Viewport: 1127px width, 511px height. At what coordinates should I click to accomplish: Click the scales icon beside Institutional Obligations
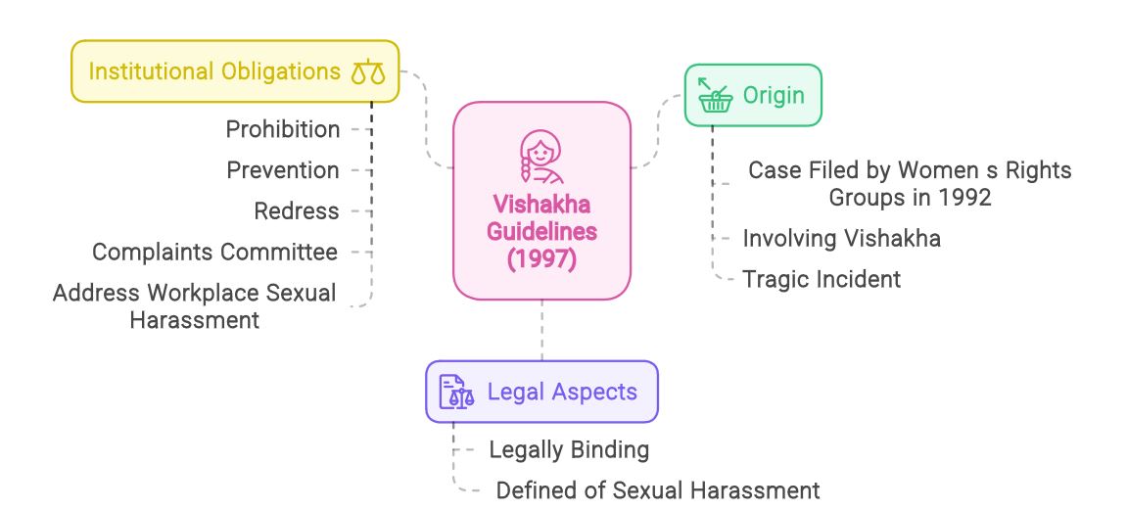[x=368, y=71]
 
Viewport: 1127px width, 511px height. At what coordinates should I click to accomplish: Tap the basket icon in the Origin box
[x=716, y=95]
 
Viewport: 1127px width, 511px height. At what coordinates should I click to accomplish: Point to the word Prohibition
[x=283, y=129]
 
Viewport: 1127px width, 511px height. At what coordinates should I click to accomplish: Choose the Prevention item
[x=283, y=169]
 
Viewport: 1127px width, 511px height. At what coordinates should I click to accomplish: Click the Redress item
[x=297, y=210]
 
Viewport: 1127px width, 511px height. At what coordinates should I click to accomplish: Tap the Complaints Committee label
[x=214, y=252]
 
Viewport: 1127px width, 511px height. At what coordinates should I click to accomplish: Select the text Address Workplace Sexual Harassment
[x=194, y=305]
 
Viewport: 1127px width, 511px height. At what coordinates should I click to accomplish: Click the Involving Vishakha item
[x=841, y=238]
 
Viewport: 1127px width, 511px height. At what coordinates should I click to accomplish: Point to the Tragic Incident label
[x=821, y=278]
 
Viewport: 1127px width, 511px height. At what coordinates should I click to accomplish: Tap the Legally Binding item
[x=569, y=449]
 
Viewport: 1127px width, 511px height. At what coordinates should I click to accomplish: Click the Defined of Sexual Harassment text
[x=657, y=489]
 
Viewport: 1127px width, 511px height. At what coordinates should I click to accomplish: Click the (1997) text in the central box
[x=541, y=260]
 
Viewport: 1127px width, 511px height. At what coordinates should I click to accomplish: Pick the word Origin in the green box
[x=773, y=95]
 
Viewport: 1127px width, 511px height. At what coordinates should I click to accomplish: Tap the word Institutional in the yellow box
[x=151, y=71]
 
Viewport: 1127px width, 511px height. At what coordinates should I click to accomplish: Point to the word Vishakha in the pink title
[x=541, y=205]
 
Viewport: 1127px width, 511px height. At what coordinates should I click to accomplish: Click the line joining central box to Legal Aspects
[x=541, y=330]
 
